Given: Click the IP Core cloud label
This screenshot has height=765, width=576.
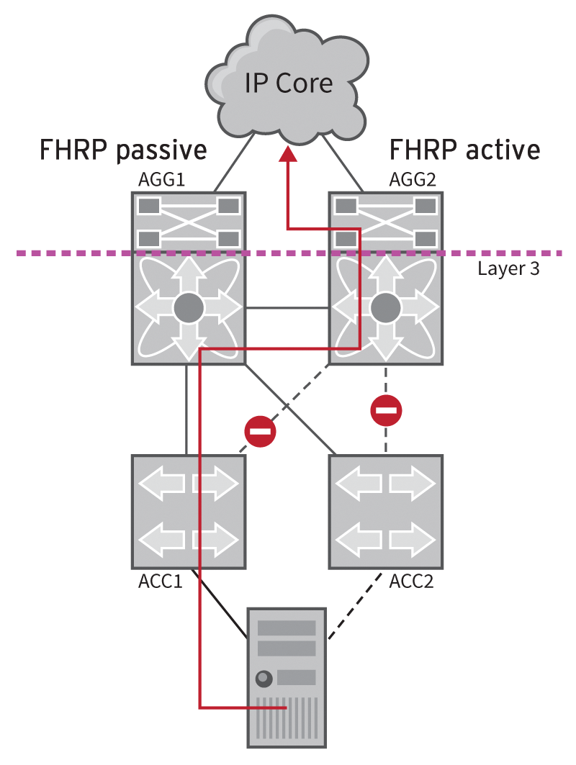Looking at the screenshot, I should tap(289, 83).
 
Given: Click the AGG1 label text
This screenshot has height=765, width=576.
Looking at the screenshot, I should tap(163, 180).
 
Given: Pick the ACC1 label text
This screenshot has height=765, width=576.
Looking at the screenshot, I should tap(160, 580).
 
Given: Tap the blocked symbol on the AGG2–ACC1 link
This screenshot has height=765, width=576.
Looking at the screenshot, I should tap(260, 432).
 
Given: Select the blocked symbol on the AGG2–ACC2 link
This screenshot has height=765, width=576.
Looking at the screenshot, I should tap(386, 411).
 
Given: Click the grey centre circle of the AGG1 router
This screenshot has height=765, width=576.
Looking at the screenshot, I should tap(189, 309).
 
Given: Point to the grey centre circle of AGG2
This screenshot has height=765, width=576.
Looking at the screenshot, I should tap(385, 309).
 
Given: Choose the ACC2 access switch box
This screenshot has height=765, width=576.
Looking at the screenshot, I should tap(385, 510).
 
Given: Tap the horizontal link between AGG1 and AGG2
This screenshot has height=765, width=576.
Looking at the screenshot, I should tap(287, 309).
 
